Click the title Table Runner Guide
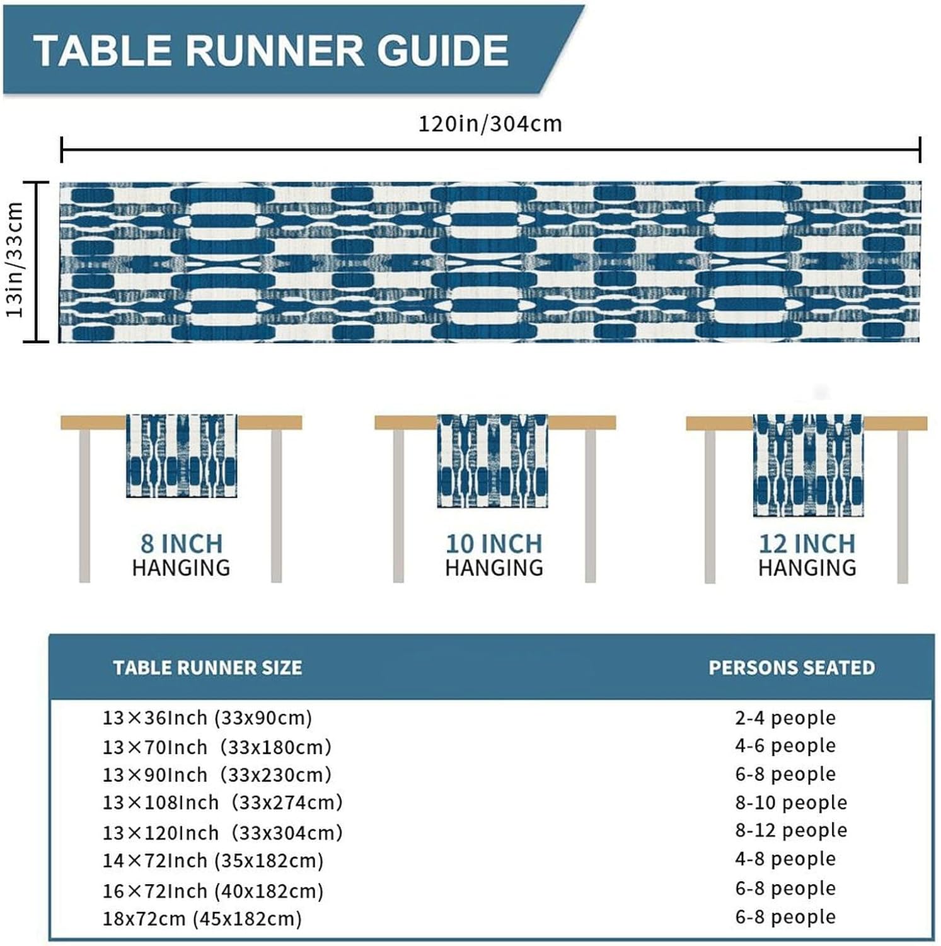click(x=271, y=50)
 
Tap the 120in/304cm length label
click(x=490, y=124)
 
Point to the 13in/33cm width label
click(x=14, y=260)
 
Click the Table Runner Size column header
click(x=207, y=668)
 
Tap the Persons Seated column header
click(x=792, y=668)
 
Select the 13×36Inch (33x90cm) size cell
click(x=207, y=718)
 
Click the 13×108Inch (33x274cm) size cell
click(x=222, y=802)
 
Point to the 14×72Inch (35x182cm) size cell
click(x=213, y=860)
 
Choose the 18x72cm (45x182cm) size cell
click(x=202, y=918)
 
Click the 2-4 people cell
click(x=785, y=718)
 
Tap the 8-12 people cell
click(x=791, y=830)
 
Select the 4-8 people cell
click(x=785, y=858)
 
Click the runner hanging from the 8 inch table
click(x=182, y=455)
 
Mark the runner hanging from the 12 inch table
click(x=808, y=465)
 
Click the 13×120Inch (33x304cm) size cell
click(x=222, y=832)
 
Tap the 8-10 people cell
click(x=791, y=802)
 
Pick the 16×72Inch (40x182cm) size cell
click(x=213, y=891)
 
